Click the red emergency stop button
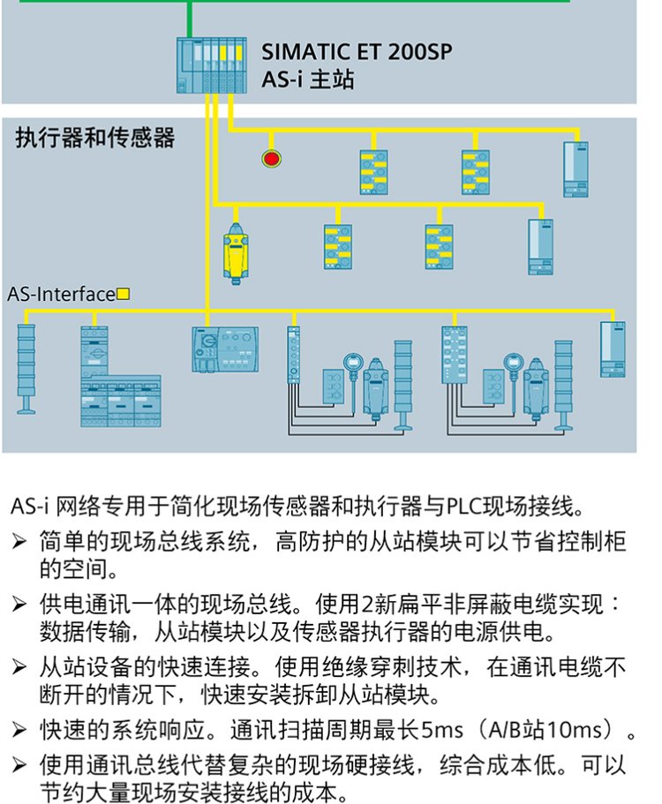271,159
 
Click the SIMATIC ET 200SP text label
357,52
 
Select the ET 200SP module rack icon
211,65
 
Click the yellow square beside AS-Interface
123,294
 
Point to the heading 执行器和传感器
94,138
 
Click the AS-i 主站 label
308,80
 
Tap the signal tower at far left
26,369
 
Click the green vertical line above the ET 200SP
190,19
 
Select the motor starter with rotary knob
225,349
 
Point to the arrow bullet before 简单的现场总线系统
19,542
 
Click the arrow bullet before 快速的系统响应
19,729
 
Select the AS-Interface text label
62,294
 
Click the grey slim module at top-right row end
575,169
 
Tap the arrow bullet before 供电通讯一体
19,604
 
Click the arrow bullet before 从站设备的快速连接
19,667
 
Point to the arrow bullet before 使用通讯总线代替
19,765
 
